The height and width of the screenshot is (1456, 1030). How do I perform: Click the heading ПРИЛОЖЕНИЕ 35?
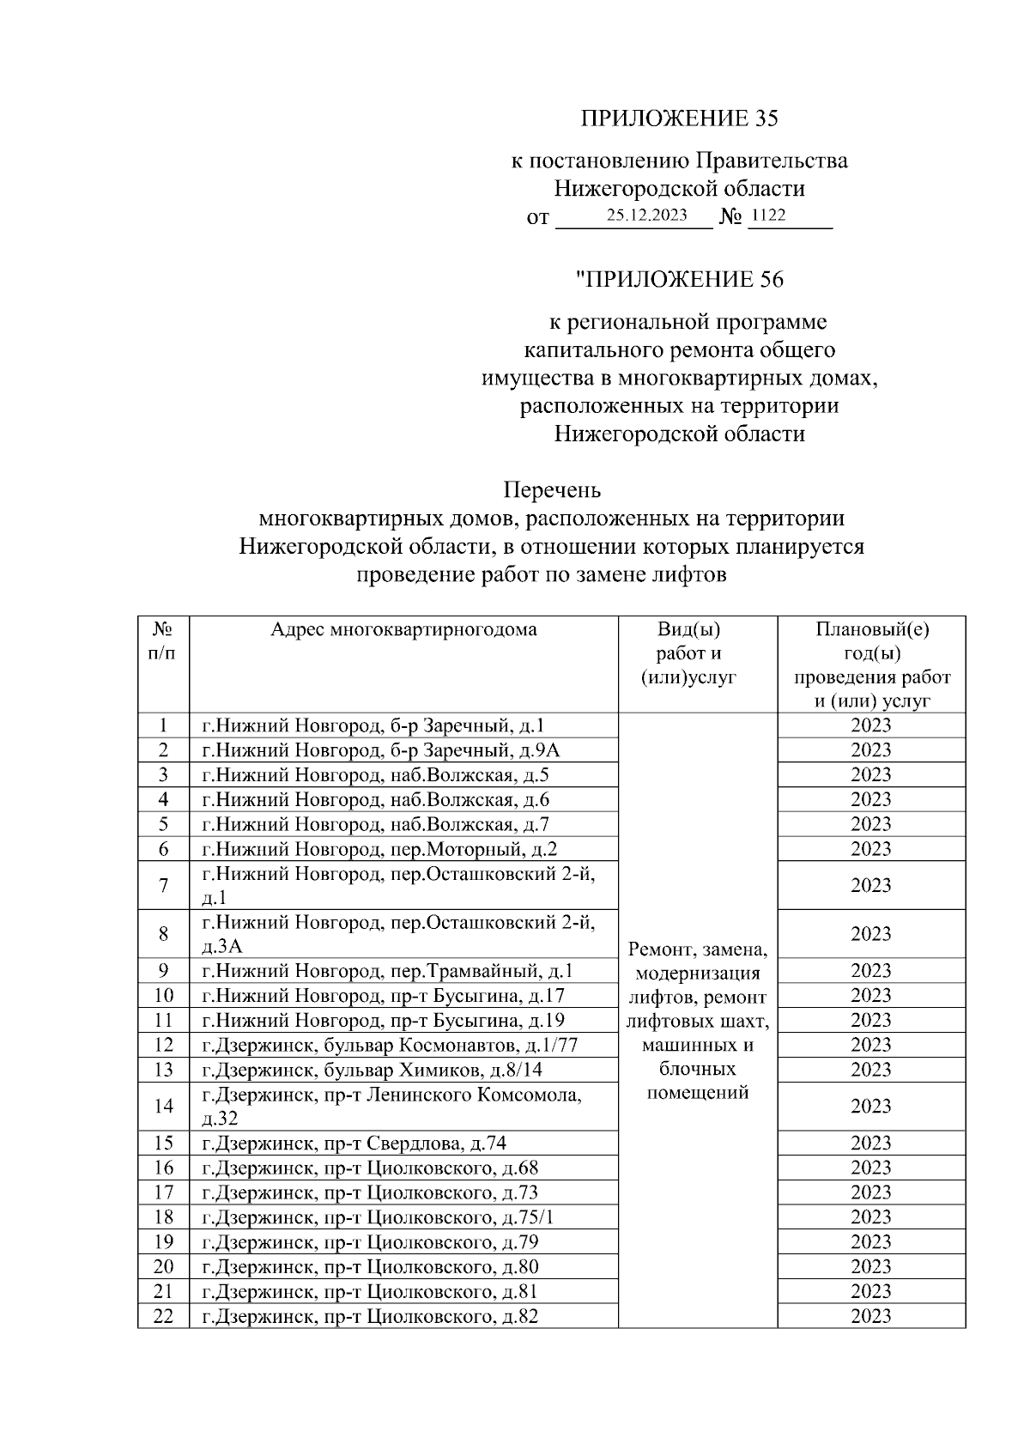click(679, 118)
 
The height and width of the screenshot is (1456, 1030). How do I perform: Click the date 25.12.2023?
click(645, 215)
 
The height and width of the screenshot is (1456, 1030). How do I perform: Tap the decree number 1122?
click(766, 215)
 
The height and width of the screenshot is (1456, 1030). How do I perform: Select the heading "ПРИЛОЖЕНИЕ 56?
click(679, 280)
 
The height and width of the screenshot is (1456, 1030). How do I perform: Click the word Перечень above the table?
click(551, 490)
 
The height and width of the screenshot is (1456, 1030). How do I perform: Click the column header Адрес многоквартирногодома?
click(403, 630)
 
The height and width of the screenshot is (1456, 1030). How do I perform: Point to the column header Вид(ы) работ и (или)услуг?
click(697, 653)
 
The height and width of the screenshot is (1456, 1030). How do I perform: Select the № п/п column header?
click(163, 641)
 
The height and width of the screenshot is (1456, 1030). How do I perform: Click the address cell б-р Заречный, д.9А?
click(380, 750)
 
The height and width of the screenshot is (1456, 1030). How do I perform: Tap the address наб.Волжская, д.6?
click(375, 800)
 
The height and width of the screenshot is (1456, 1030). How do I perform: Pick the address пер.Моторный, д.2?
click(379, 849)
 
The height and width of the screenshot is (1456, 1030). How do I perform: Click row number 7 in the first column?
click(163, 885)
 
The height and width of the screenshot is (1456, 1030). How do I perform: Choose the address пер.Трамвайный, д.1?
click(387, 971)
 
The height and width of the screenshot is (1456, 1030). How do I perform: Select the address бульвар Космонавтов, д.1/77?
click(390, 1045)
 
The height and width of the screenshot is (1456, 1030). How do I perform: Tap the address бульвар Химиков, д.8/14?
click(372, 1070)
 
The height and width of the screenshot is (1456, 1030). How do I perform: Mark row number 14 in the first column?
click(163, 1106)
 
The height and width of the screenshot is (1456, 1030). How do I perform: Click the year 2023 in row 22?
click(870, 1316)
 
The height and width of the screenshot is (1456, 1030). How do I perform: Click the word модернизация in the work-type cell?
click(697, 974)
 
